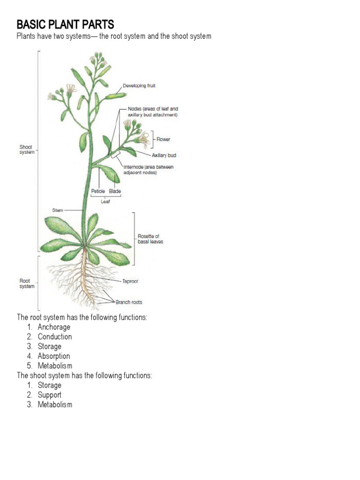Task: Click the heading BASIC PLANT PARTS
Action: point(66,24)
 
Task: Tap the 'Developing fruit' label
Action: point(139,86)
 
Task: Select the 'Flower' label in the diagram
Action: point(164,139)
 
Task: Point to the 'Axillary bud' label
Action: point(164,155)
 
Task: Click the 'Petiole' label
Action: point(97,191)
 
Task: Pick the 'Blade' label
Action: point(115,191)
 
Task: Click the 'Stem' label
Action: point(58,210)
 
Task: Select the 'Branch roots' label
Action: point(128,302)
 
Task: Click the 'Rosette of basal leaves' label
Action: point(150,239)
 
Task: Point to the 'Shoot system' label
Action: point(26,149)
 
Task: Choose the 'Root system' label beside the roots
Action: point(26,284)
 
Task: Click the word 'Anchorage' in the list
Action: point(54,327)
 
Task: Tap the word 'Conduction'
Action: point(55,337)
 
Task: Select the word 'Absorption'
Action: point(54,356)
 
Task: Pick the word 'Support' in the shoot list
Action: point(50,395)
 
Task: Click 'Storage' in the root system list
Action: point(50,346)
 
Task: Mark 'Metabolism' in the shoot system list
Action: point(55,405)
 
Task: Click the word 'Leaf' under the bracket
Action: point(105,202)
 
